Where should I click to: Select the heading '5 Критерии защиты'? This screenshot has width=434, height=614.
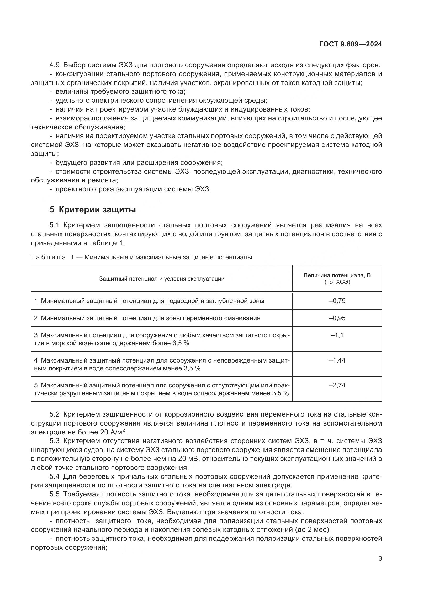click(93, 209)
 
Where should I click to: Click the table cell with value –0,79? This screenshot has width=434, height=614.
click(337, 301)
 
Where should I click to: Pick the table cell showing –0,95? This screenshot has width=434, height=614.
click(337, 318)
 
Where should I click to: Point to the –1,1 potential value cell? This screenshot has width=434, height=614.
click(337, 335)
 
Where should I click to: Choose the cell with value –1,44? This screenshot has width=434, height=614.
click(337, 360)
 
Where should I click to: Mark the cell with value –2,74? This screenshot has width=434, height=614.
click(337, 385)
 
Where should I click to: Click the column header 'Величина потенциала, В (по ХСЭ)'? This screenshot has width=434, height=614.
click(337, 278)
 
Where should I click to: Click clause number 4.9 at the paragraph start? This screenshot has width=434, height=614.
click(55, 65)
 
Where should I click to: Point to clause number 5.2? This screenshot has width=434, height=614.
click(55, 414)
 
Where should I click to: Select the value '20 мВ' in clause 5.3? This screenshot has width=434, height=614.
click(188, 459)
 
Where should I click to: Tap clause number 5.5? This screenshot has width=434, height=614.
click(55, 494)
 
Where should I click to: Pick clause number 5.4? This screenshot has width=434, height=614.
click(55, 476)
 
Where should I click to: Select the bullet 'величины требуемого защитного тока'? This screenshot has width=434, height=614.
click(120, 91)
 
